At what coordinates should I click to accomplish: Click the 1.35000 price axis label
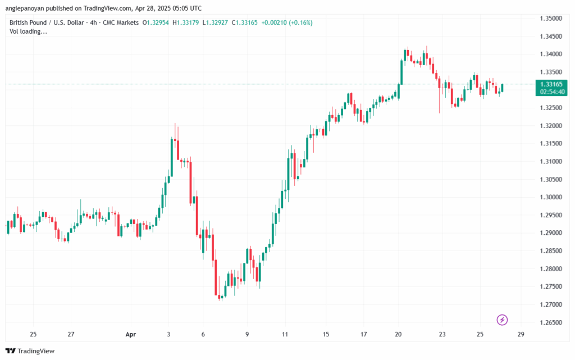coord(550,19)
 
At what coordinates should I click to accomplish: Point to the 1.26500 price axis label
coord(550,323)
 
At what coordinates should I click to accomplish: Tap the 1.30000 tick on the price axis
coord(550,197)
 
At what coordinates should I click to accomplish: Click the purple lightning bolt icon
coord(503,320)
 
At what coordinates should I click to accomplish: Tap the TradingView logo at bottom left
coord(31,351)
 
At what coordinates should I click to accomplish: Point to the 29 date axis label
coord(521,335)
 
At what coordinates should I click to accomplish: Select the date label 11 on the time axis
coord(285,335)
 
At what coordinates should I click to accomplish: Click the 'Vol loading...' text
coord(28,31)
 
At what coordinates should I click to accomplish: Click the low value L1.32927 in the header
coord(216,22)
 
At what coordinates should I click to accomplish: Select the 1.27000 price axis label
coord(550,305)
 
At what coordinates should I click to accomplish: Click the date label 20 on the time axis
coord(399,335)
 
